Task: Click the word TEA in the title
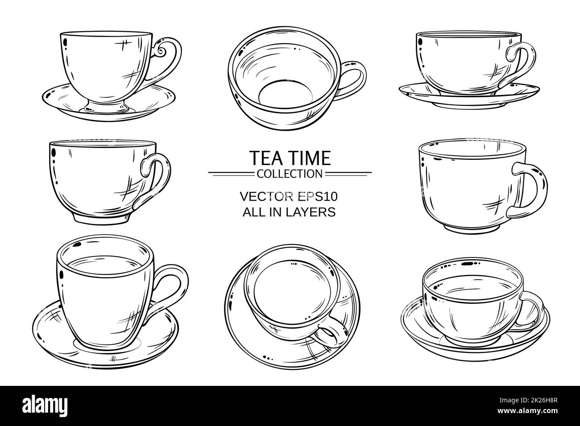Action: [265, 158]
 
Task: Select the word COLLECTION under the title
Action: [290, 172]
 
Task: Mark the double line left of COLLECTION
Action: [232, 172]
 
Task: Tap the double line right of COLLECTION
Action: [348, 172]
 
